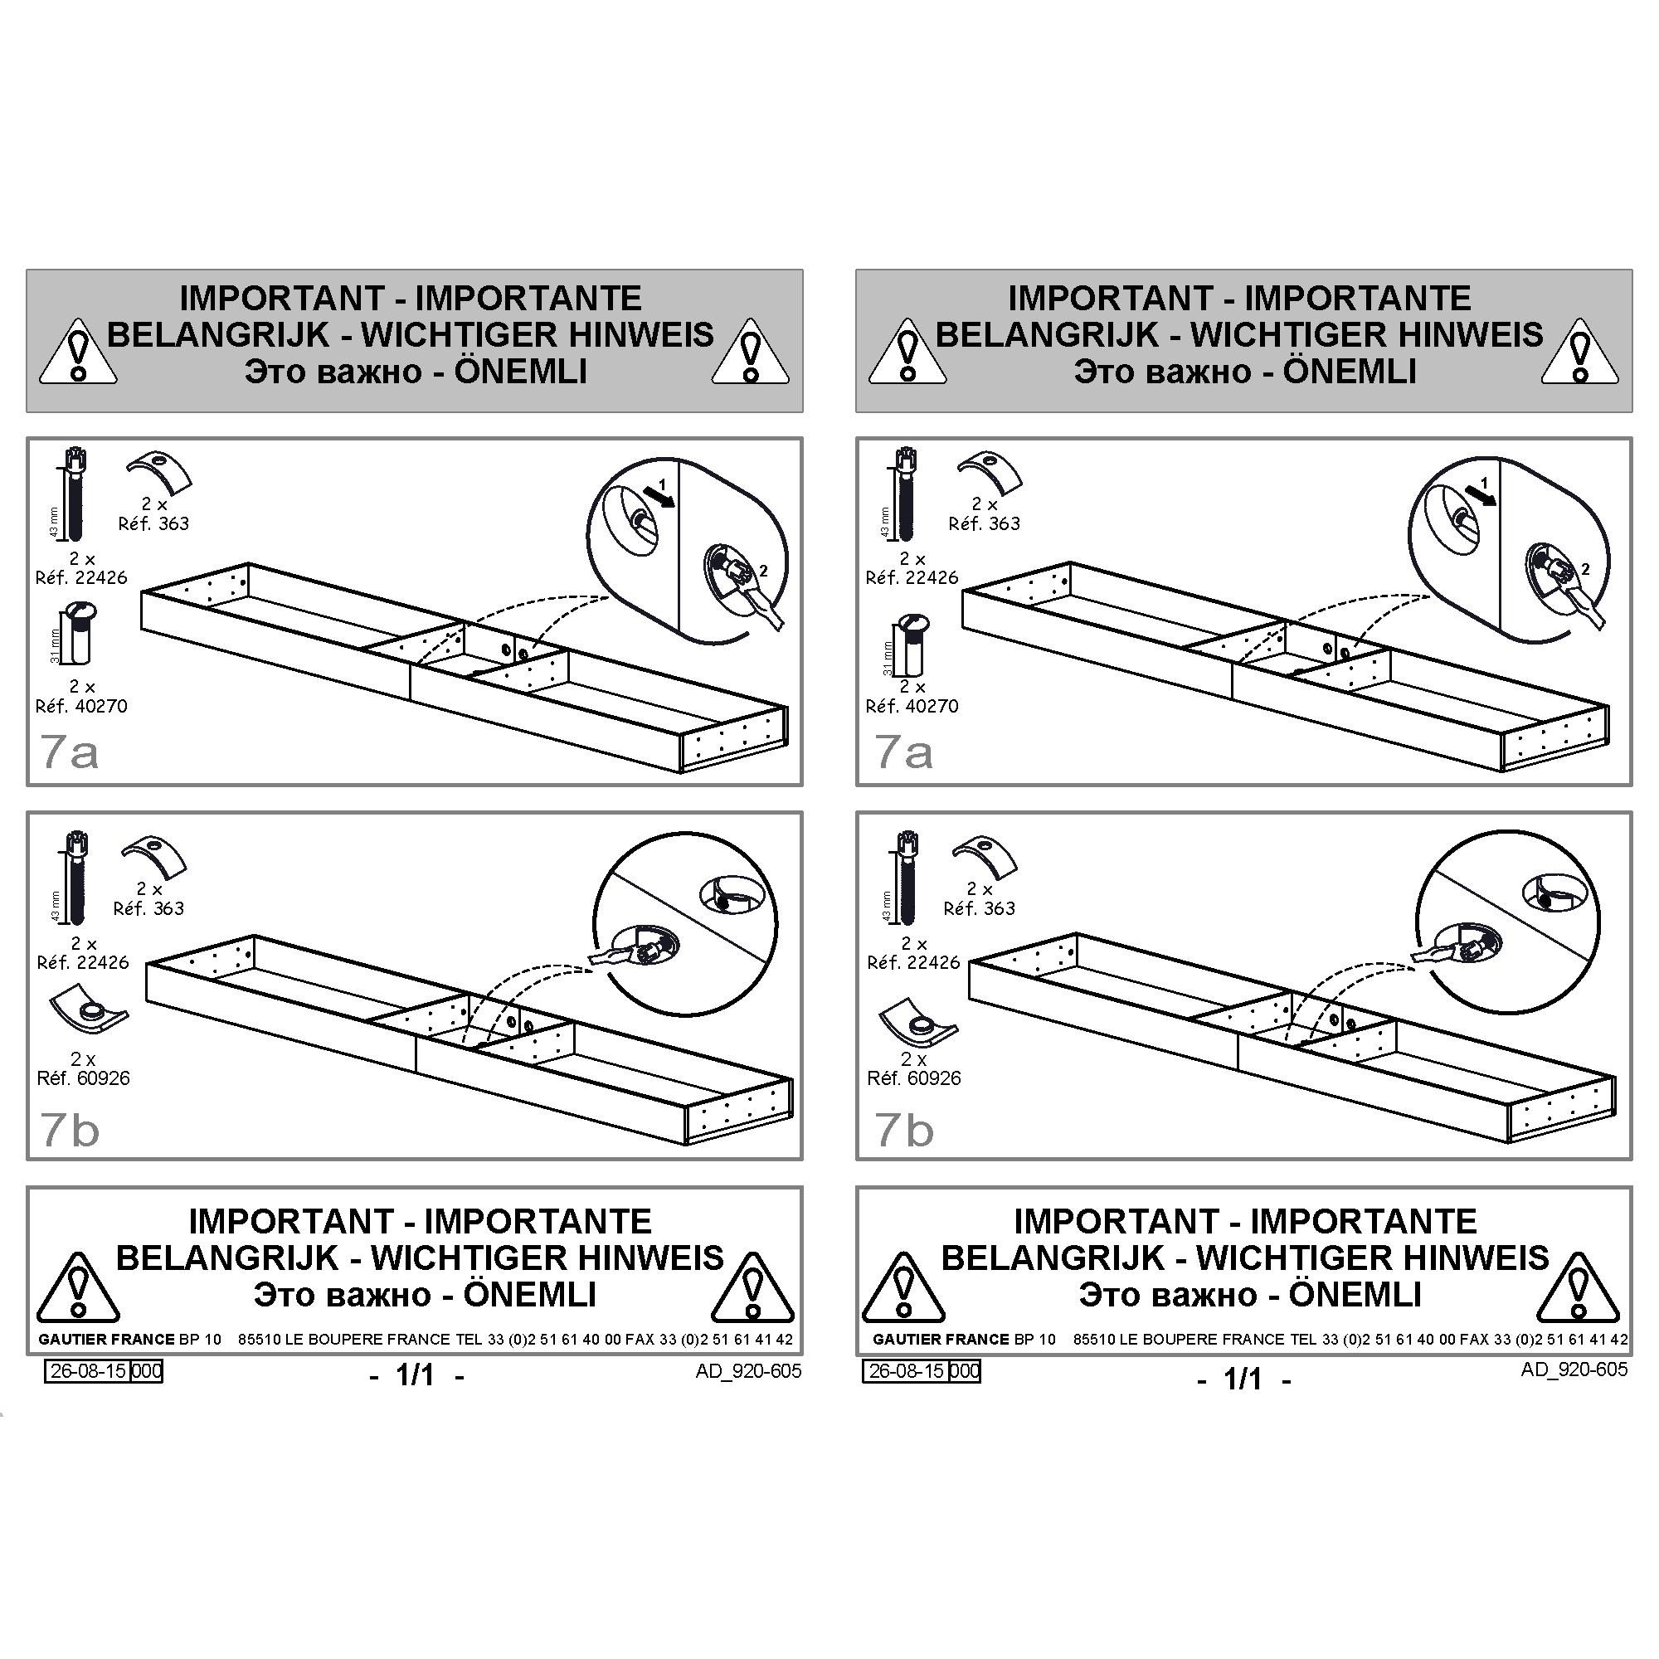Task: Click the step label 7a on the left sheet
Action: [70, 752]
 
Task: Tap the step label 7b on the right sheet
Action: [904, 1130]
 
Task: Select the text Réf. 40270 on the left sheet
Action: [81, 706]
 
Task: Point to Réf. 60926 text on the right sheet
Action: [913, 1078]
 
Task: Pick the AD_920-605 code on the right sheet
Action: [1574, 1369]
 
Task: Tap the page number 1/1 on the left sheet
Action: [416, 1375]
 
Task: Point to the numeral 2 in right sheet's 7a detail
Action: [1586, 568]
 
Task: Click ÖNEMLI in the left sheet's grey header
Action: [520, 371]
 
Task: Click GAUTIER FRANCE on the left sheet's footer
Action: [106, 1340]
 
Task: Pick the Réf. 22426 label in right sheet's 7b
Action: [913, 962]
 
